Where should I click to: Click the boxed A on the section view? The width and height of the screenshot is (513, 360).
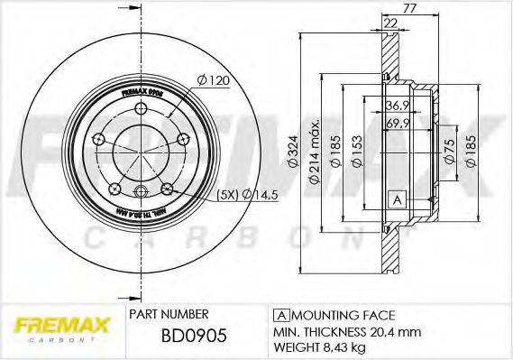(x=394, y=198)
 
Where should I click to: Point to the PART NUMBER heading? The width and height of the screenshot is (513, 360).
(x=169, y=314)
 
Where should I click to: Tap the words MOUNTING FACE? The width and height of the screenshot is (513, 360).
(x=340, y=315)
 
